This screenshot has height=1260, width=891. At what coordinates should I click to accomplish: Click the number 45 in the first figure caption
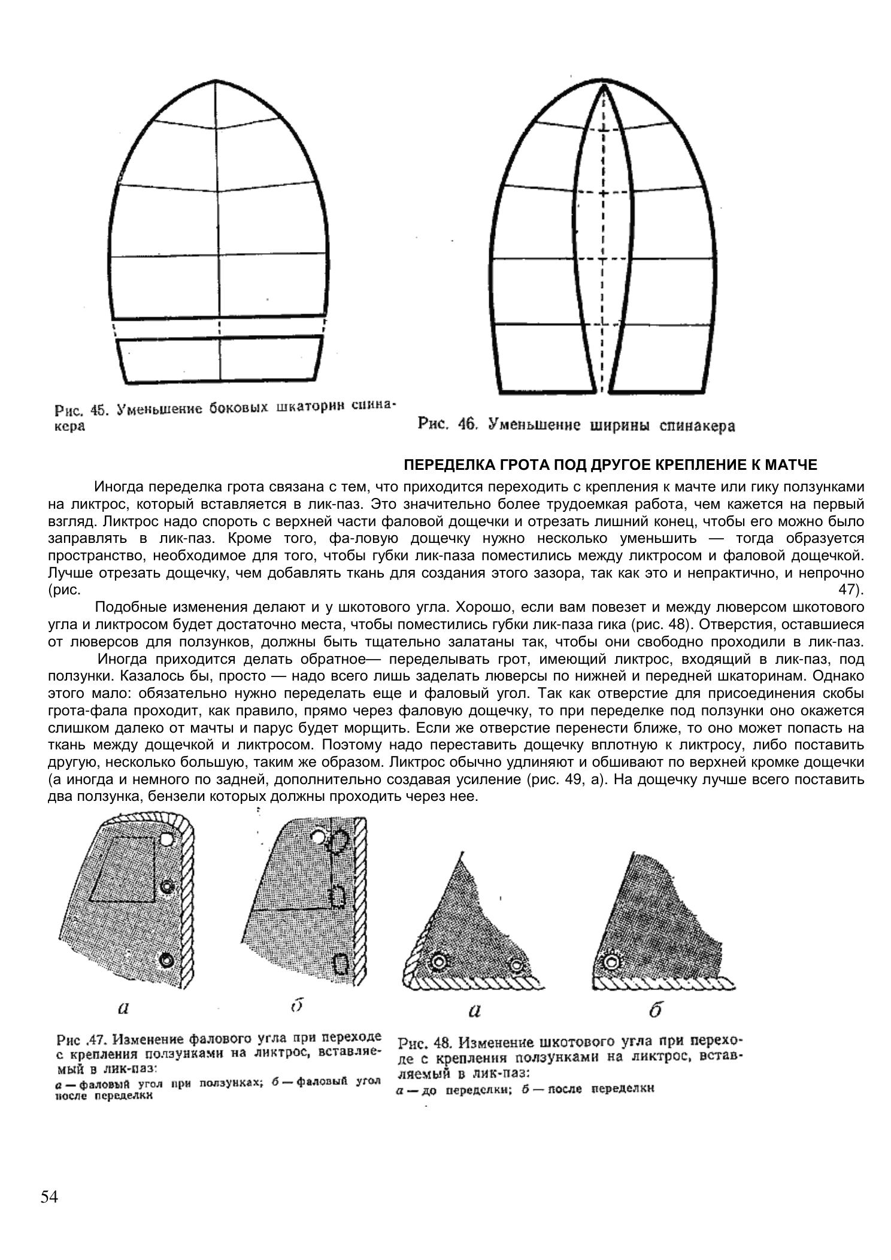(x=98, y=410)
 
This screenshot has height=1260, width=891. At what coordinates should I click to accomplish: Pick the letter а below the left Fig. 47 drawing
(x=123, y=1008)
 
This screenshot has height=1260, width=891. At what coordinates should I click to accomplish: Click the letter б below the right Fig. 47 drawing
(x=296, y=1006)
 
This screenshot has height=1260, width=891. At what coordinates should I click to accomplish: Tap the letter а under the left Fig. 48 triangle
(x=474, y=1011)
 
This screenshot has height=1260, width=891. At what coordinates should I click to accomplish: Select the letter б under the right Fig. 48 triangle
(x=655, y=1011)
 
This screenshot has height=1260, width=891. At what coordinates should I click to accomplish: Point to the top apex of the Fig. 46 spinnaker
(x=602, y=86)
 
